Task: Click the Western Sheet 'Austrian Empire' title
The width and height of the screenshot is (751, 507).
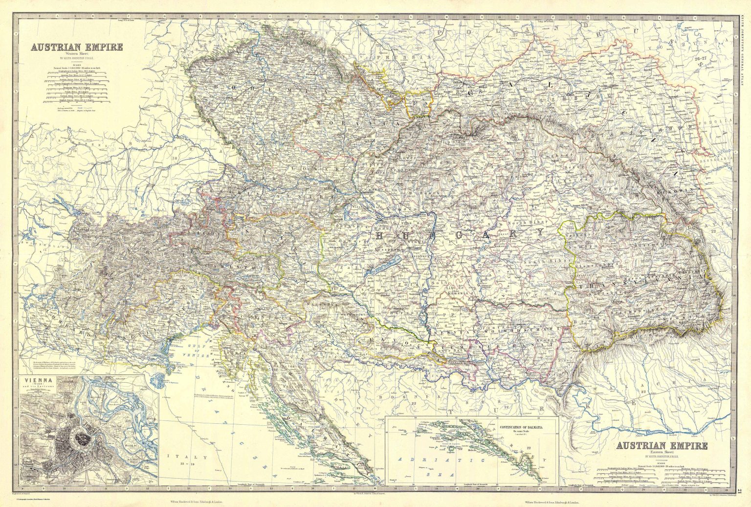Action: pos(77,47)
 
